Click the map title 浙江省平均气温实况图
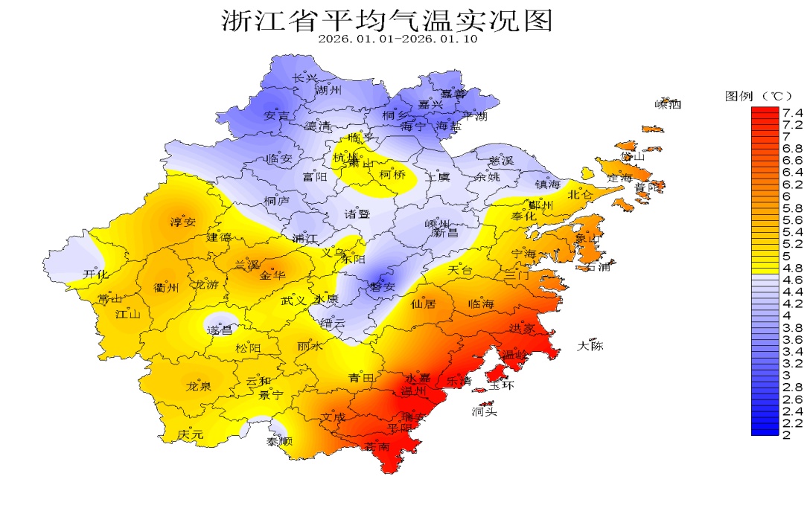pos(387,20)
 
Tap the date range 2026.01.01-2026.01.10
pos(398,39)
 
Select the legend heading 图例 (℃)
pos(759,96)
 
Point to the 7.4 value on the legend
pos(791,112)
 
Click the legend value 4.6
pos(791,280)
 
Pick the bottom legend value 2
pos(786,434)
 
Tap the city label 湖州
pos(328,91)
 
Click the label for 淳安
pos(182,222)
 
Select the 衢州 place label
pos(165,288)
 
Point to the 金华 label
pos(272,275)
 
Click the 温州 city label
pos(413,391)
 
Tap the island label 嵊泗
pos(668,104)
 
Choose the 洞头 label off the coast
pos(484,412)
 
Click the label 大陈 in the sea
pos(592,346)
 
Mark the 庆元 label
pos(191,434)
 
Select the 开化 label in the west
pos(95,274)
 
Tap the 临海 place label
pos(481,303)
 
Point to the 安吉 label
pos(277,116)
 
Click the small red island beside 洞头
pos(487,404)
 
